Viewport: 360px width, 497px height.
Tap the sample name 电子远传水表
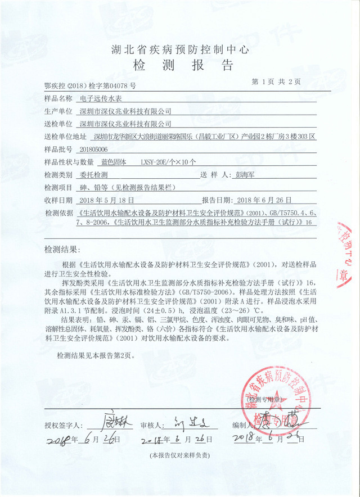point(98,98)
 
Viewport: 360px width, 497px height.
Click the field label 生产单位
point(58,111)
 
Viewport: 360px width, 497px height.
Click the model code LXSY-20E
point(153,162)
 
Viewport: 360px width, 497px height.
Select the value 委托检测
point(92,175)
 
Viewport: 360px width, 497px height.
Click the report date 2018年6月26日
point(264,200)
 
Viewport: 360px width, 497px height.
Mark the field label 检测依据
point(58,213)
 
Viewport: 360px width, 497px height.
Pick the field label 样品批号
point(58,149)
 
